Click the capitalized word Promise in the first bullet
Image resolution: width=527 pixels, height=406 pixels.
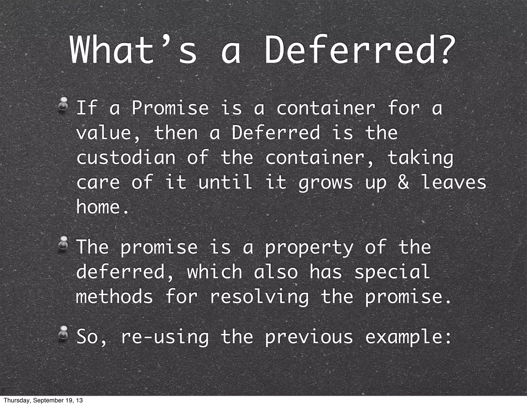click(x=170, y=108)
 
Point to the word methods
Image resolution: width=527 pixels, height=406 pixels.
click(x=115, y=297)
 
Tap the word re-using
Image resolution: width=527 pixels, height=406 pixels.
click(x=165, y=337)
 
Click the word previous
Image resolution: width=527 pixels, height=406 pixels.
click(x=309, y=337)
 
